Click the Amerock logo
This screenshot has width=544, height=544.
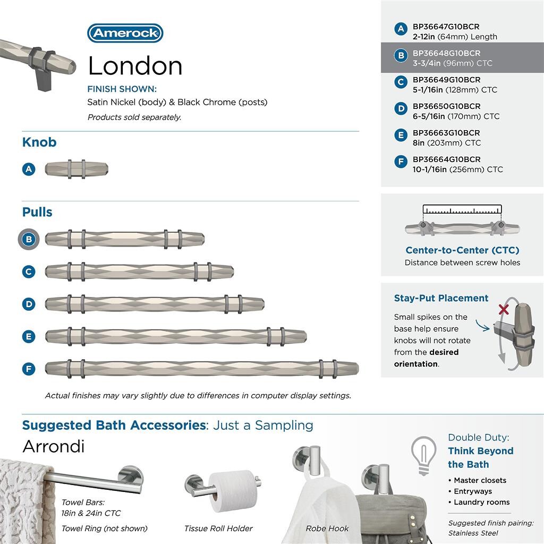click(x=125, y=33)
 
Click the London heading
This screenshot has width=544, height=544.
click(x=135, y=66)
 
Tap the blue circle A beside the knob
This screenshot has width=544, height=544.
click(x=29, y=169)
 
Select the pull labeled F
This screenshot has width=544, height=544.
click(x=202, y=368)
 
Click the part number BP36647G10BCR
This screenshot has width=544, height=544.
click(x=446, y=27)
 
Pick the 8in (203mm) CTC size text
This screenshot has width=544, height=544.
click(x=447, y=143)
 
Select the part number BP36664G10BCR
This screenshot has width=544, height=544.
click(x=446, y=159)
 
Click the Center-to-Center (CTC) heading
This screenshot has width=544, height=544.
click(x=462, y=250)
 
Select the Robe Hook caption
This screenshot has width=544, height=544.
click(x=327, y=529)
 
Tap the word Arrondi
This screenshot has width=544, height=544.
click(x=53, y=446)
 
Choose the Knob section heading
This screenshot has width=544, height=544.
click(x=39, y=142)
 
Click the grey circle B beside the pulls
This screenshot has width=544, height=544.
click(x=29, y=239)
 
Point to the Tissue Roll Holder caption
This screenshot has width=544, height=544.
click(x=218, y=529)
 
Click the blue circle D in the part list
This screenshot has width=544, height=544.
click(x=401, y=109)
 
